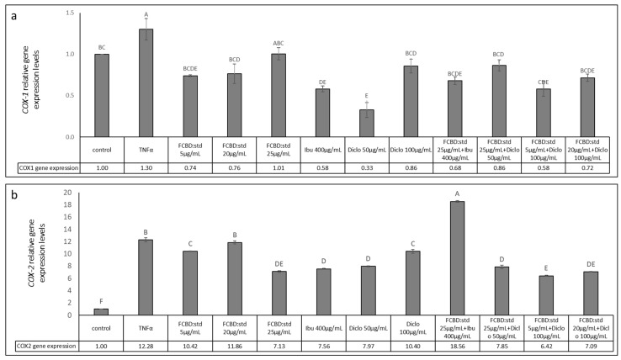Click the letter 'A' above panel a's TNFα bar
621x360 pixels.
tap(146, 14)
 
